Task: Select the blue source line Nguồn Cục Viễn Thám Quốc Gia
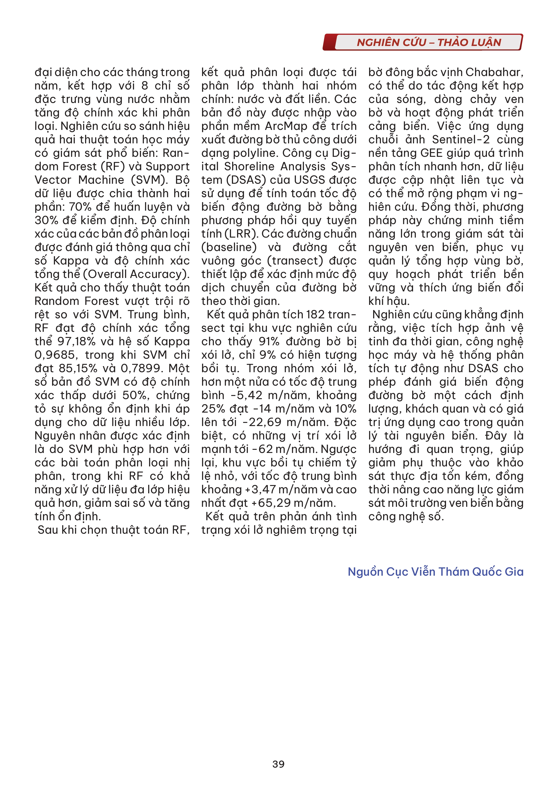pos(435,572)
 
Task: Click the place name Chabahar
pos(494,72)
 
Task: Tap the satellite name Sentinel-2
pos(461,140)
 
